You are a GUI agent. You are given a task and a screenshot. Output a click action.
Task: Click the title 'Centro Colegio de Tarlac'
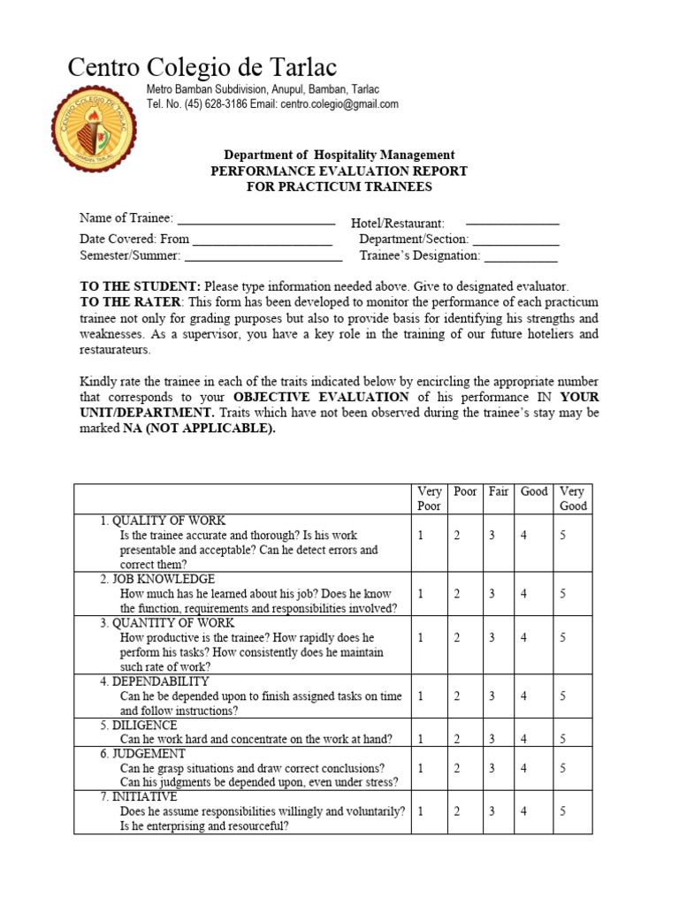point(202,67)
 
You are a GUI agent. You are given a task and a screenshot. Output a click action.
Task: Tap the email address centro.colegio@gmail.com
point(339,104)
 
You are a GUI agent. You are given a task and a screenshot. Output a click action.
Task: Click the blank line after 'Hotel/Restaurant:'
point(512,224)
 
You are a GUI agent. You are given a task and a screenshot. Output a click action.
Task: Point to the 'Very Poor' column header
point(429,498)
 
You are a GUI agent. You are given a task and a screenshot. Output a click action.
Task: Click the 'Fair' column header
point(499,491)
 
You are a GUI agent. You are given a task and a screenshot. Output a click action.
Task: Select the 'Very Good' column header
point(572,498)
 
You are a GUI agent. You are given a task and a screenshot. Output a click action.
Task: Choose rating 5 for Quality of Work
point(563,536)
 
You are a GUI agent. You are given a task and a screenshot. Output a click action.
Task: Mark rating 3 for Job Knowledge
point(492,594)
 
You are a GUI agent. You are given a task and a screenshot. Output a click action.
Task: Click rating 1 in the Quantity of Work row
point(421,637)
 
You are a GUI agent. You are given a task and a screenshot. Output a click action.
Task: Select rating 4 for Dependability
point(524,696)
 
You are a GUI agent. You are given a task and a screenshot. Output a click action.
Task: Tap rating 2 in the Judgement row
point(457,768)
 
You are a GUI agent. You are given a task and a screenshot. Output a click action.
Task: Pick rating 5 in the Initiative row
point(563,811)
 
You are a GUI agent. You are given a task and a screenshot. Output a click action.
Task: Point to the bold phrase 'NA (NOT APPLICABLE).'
point(199,429)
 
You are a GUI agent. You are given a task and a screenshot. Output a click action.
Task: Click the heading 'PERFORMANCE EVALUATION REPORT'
point(339,171)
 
